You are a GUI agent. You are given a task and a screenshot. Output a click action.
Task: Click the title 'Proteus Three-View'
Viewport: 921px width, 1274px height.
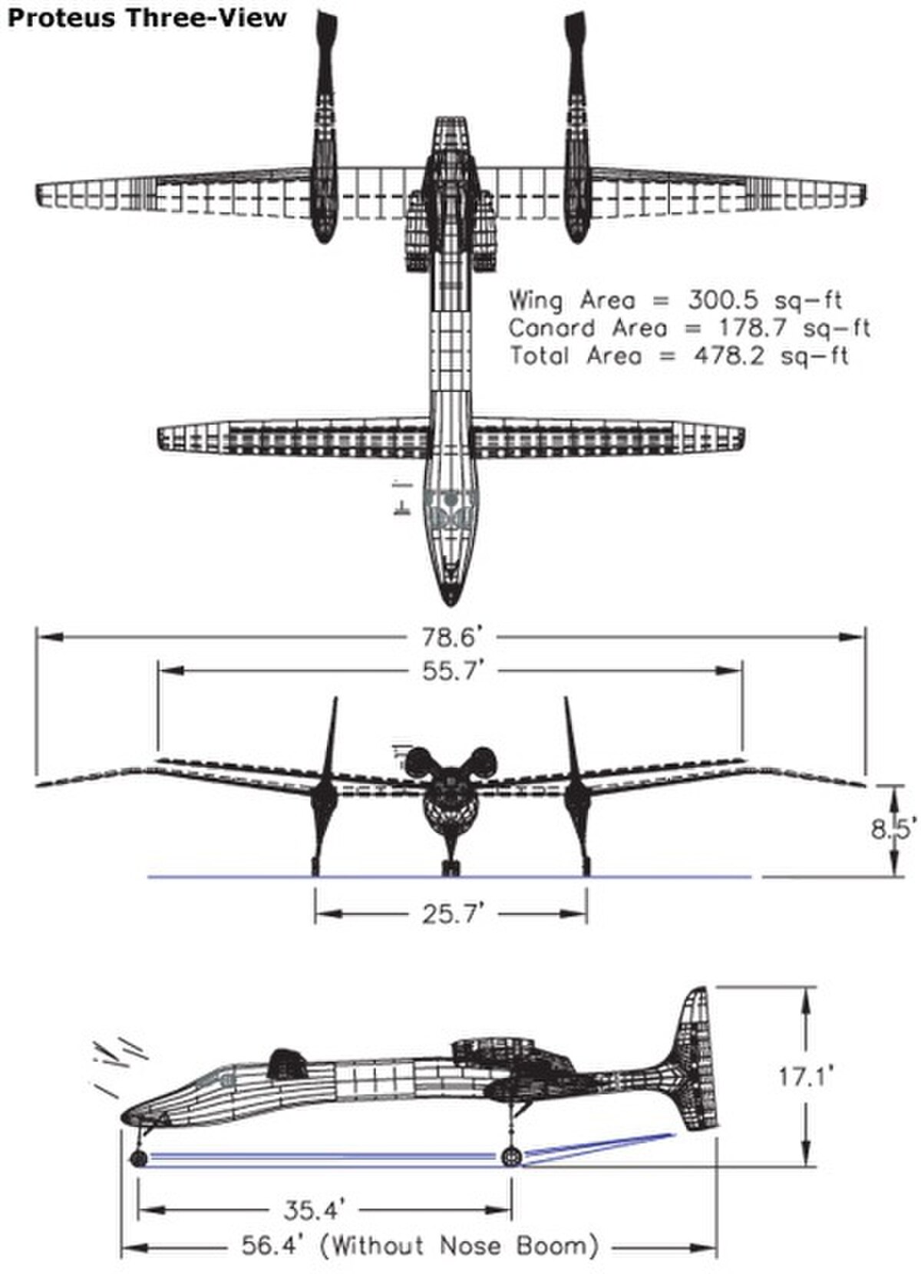tap(147, 18)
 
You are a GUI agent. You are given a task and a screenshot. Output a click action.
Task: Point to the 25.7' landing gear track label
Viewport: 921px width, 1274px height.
tap(452, 914)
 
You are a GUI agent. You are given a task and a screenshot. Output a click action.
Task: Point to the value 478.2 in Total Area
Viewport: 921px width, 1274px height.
tap(728, 356)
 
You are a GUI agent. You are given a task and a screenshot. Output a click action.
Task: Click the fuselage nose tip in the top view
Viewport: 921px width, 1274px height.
tap(450, 605)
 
